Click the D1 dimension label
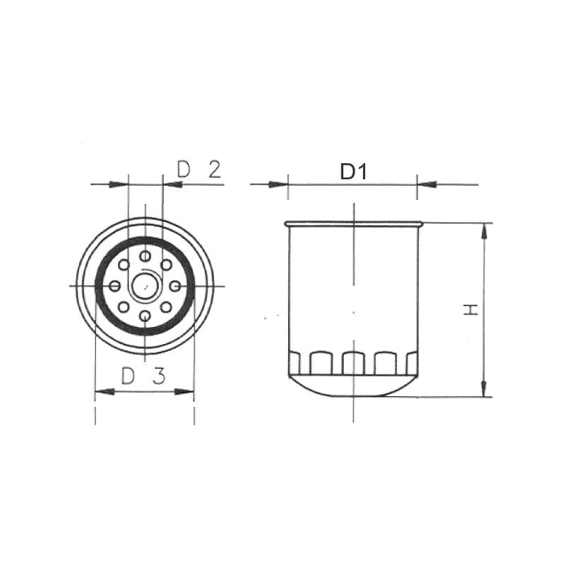(x=353, y=171)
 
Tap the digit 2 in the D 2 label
(x=214, y=169)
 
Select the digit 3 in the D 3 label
(x=159, y=375)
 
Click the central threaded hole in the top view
(x=144, y=285)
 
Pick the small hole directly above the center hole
(x=144, y=256)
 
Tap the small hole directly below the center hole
(x=144, y=316)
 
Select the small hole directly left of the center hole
(x=115, y=286)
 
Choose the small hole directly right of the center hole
(x=174, y=286)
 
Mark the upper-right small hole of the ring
(x=166, y=265)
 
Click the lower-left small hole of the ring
(x=123, y=307)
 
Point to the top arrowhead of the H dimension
(x=484, y=230)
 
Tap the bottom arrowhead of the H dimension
(x=484, y=389)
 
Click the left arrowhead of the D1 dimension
(x=280, y=185)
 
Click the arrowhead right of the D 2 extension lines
(x=171, y=185)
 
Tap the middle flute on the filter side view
(x=353, y=363)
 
